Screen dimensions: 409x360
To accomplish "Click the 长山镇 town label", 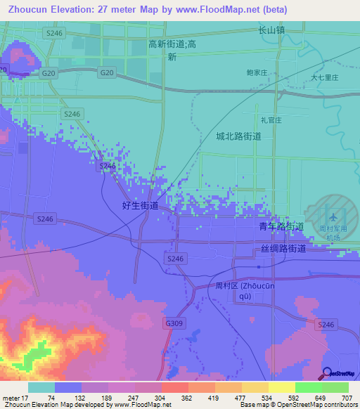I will [271, 31].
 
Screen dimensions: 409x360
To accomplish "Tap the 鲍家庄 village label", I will [257, 72].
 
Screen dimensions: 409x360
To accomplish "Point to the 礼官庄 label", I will [270, 120].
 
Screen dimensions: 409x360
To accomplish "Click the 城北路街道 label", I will [238, 136].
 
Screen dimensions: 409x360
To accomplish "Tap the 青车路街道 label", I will [281, 226].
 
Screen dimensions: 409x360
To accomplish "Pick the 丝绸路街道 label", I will [283, 249].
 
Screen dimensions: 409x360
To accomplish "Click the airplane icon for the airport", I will [332, 214].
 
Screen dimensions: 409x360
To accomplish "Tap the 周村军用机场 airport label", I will [330, 233].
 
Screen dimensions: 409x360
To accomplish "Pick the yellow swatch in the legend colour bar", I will [281, 387].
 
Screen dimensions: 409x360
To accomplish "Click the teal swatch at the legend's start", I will [41, 387].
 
